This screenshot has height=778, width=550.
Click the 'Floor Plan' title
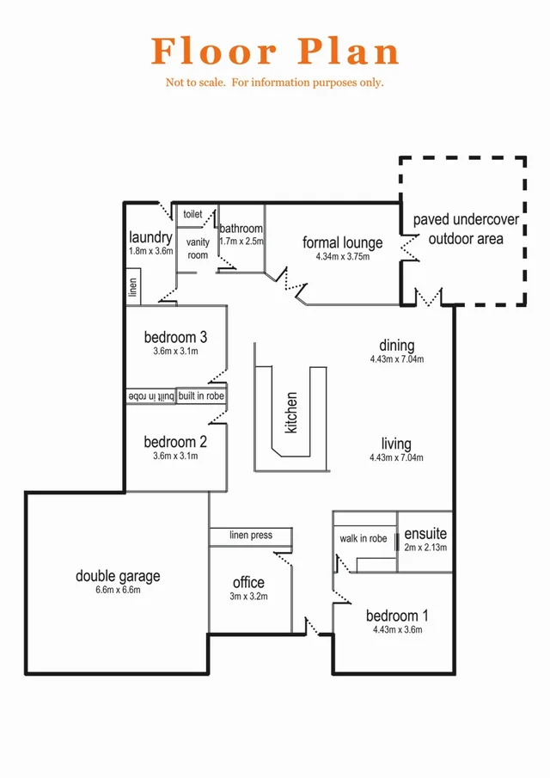[275, 52]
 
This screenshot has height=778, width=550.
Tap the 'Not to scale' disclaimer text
[275, 83]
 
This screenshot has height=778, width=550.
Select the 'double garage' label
[118, 576]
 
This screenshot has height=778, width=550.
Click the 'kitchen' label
[292, 412]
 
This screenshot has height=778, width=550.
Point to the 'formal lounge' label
[343, 243]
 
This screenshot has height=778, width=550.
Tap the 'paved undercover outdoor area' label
[466, 230]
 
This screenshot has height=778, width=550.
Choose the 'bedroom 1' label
[397, 616]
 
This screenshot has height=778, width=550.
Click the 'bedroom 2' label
[175, 442]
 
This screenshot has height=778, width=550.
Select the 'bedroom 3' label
[175, 337]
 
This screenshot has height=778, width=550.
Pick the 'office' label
[248, 583]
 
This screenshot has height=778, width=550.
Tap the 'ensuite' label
[425, 534]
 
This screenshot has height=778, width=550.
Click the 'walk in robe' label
[364, 539]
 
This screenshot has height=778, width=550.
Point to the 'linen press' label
[251, 536]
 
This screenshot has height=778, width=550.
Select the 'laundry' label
[151, 237]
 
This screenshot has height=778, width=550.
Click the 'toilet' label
[193, 214]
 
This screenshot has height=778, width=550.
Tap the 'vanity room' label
[198, 248]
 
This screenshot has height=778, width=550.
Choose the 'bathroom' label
[241, 229]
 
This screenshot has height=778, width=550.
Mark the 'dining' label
[397, 346]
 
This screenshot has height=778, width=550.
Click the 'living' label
[397, 444]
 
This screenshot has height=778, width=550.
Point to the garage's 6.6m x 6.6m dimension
[118, 590]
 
